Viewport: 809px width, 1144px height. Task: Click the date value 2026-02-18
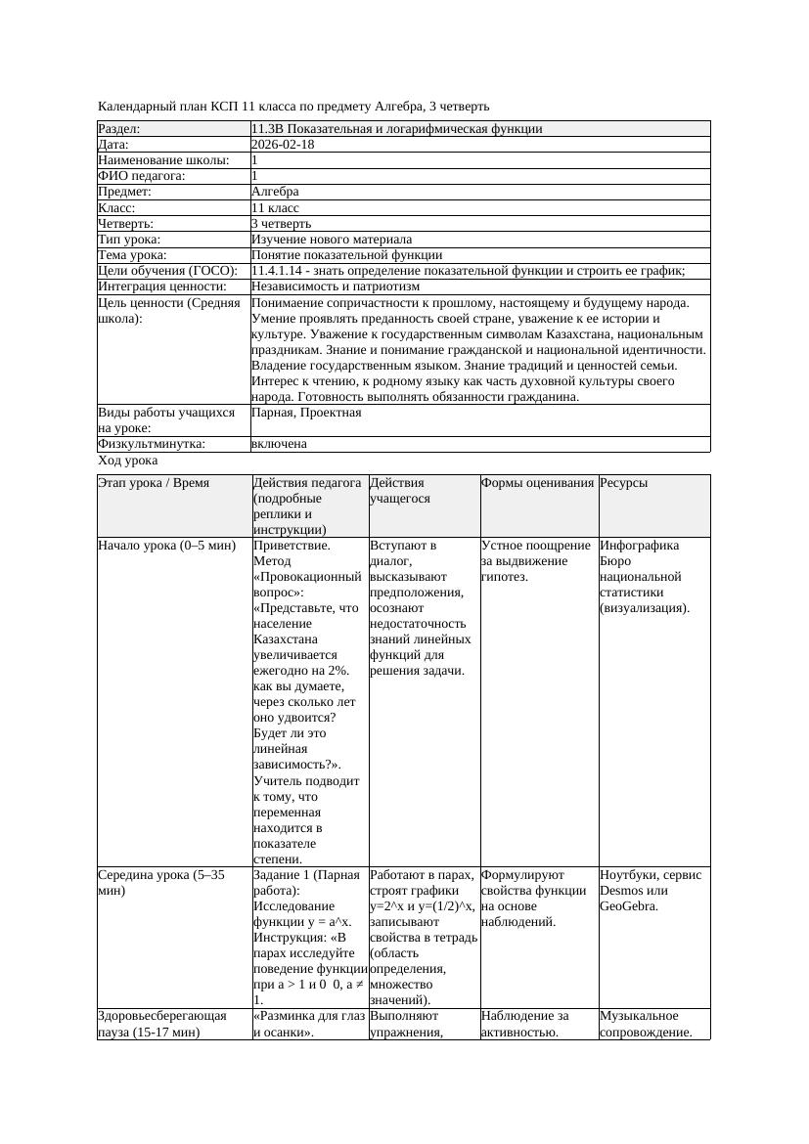(283, 145)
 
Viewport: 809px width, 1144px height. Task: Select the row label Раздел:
(119, 129)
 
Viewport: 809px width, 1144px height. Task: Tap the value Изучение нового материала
(332, 240)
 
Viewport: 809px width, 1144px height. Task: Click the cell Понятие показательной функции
(346, 255)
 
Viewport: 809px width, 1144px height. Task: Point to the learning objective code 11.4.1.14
(278, 271)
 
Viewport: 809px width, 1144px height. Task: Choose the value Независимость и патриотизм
(336, 286)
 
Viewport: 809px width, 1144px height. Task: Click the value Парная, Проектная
(306, 413)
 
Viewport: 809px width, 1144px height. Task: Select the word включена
(279, 444)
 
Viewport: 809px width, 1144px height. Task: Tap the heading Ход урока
(128, 461)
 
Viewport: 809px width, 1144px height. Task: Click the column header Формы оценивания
(537, 483)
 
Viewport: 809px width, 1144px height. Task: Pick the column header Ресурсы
(624, 483)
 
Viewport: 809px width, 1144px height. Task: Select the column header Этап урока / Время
(154, 483)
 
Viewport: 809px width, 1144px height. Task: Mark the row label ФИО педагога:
(143, 176)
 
